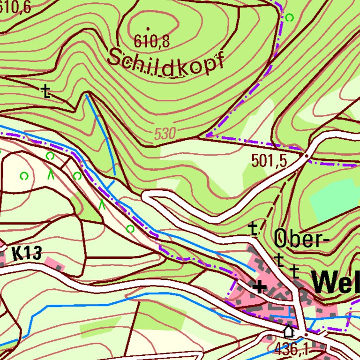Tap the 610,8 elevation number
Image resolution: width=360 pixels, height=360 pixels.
(151, 42)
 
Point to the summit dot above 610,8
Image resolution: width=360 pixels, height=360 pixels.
(148, 29)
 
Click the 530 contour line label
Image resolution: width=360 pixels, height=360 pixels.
(165, 135)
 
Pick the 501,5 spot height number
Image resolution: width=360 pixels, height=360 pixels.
(269, 161)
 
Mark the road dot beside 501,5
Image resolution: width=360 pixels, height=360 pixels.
(307, 155)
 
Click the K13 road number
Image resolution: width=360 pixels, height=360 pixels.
(26, 254)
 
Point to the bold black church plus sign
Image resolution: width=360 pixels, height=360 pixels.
(259, 286)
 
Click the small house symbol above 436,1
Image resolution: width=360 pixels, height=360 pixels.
(289, 331)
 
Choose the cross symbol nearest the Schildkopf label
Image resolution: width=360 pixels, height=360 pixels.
(45, 91)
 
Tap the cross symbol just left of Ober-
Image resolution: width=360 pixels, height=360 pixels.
(253, 228)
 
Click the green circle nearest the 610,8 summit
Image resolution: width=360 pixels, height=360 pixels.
(289, 18)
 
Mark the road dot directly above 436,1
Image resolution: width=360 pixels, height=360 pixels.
(305, 334)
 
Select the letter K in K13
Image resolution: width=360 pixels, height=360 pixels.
(16, 254)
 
